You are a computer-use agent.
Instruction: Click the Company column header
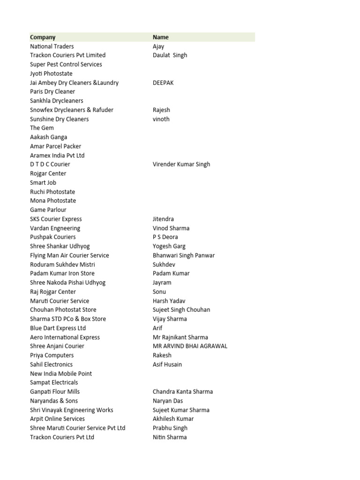[x=43, y=37]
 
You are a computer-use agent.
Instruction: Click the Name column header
[x=160, y=37]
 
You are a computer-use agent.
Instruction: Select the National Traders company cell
[x=52, y=46]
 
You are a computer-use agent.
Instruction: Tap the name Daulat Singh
[x=170, y=55]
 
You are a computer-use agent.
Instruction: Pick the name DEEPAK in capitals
[x=163, y=82]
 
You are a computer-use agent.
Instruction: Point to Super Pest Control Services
[x=66, y=64]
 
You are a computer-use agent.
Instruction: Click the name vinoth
[x=161, y=119]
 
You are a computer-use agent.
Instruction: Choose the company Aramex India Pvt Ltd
[x=57, y=155]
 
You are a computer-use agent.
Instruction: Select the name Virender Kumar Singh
[x=181, y=165]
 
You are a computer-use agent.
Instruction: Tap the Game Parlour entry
[x=48, y=210]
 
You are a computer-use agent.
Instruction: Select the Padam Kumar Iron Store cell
[x=62, y=273]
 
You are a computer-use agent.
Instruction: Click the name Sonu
[x=159, y=292]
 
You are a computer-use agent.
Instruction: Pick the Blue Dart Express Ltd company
[x=58, y=328]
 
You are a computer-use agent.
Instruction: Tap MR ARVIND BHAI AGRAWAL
[x=190, y=346]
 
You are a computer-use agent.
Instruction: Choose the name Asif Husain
[x=167, y=364]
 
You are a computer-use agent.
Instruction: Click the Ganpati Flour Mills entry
[x=55, y=391]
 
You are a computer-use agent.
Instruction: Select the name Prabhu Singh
[x=170, y=428]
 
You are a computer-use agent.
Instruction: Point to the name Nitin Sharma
[x=170, y=437]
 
